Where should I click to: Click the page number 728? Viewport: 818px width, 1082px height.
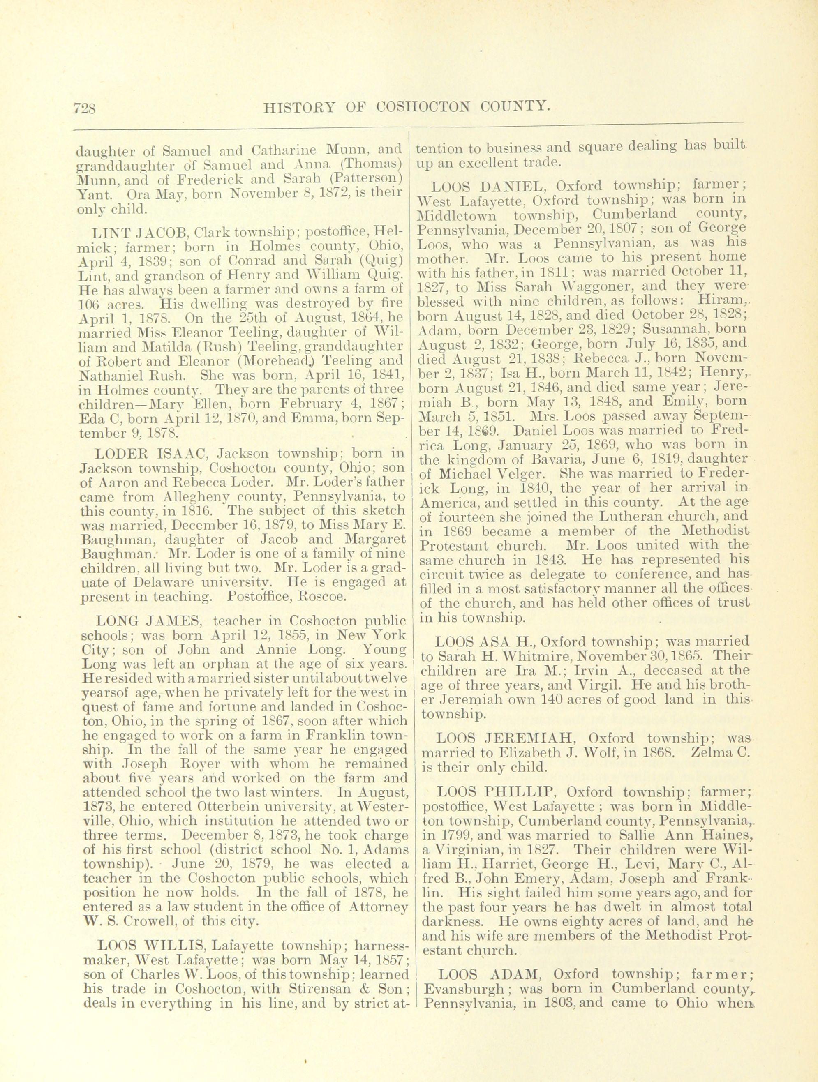85,106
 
